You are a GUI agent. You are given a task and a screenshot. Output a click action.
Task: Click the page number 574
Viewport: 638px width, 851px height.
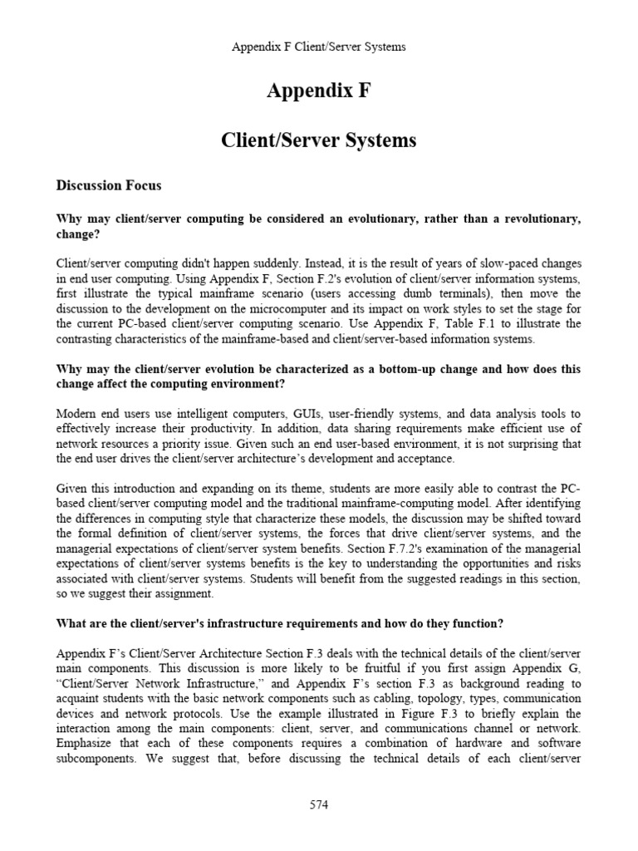[x=319, y=805]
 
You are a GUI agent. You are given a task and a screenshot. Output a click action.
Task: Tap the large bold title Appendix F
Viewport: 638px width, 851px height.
[x=318, y=91]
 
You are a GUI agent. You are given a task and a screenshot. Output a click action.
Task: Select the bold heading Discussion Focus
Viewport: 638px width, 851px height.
[x=108, y=185]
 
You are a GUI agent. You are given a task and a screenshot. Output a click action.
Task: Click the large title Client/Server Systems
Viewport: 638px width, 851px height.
[x=318, y=140]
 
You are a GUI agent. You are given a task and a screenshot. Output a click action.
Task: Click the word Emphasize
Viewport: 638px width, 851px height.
[x=86, y=744]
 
